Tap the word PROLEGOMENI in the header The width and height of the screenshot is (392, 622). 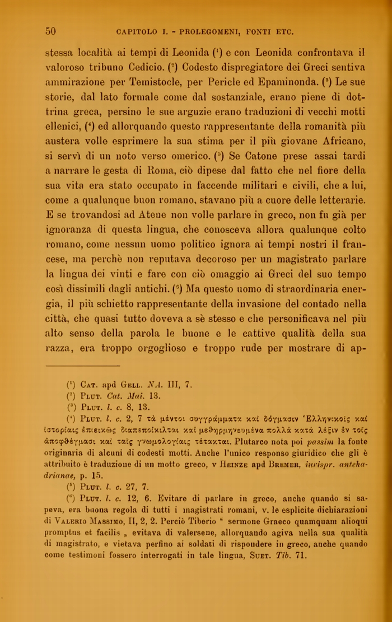[x=190, y=32]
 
